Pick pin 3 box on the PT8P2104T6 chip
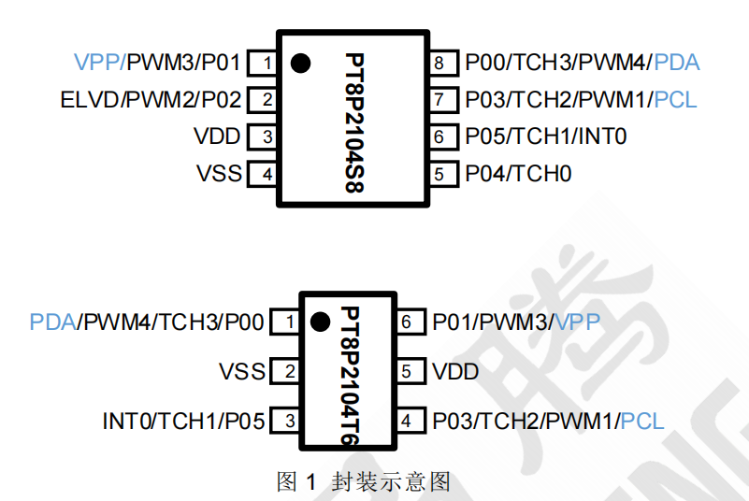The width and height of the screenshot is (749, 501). (x=289, y=422)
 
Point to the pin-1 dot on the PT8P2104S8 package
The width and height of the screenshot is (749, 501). (x=300, y=64)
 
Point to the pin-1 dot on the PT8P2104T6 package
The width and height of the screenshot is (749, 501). (x=320, y=322)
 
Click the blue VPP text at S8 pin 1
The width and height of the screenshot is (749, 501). (x=97, y=64)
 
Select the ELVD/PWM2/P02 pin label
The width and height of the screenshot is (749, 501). (x=151, y=100)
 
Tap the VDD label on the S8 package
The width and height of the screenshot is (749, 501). (x=217, y=136)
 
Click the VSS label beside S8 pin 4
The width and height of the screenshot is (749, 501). (x=219, y=174)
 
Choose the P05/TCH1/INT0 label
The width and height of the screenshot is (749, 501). (x=546, y=136)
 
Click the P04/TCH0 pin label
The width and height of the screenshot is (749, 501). (x=519, y=174)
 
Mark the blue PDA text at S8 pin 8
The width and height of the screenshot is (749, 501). (x=677, y=64)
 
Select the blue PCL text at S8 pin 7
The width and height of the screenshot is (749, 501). (x=676, y=100)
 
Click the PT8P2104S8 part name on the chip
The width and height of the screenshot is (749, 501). (x=353, y=122)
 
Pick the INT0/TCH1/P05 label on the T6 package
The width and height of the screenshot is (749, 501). (x=183, y=422)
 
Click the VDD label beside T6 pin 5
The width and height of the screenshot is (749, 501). (x=455, y=372)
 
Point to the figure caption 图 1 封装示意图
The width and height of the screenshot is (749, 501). (x=364, y=481)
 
